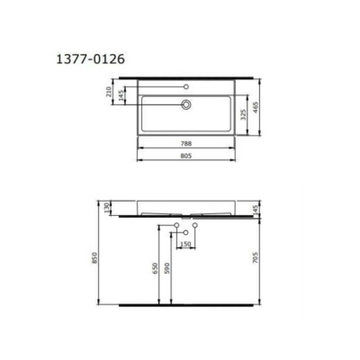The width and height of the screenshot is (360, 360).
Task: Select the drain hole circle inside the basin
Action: (186, 104)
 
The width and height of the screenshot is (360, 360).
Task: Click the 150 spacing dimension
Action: (186, 244)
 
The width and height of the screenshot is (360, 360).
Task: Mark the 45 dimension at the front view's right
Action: (256, 209)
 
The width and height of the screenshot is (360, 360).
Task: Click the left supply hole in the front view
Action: (178, 224)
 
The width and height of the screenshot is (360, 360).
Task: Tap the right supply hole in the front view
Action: (194, 224)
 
